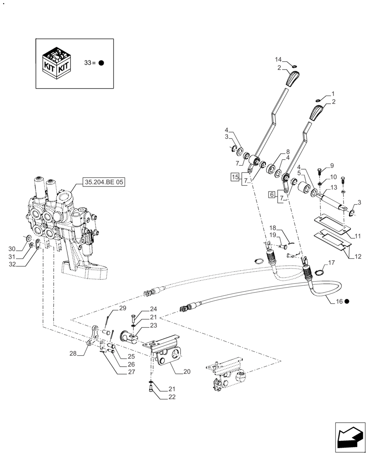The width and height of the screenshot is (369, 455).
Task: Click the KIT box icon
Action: (x=56, y=63)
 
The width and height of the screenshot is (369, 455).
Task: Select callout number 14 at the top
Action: (x=279, y=60)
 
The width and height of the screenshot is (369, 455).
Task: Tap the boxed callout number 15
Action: (x=235, y=177)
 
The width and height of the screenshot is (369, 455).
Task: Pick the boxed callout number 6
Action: (x=271, y=194)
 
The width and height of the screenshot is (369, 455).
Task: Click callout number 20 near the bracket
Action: (x=187, y=371)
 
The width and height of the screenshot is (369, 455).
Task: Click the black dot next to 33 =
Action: (x=101, y=63)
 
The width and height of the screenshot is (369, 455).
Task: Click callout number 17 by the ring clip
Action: (x=331, y=263)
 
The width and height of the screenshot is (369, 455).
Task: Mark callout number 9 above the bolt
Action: (x=331, y=165)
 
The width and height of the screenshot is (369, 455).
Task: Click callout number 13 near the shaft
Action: (x=334, y=187)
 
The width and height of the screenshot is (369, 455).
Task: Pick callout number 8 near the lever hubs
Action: (x=287, y=152)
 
